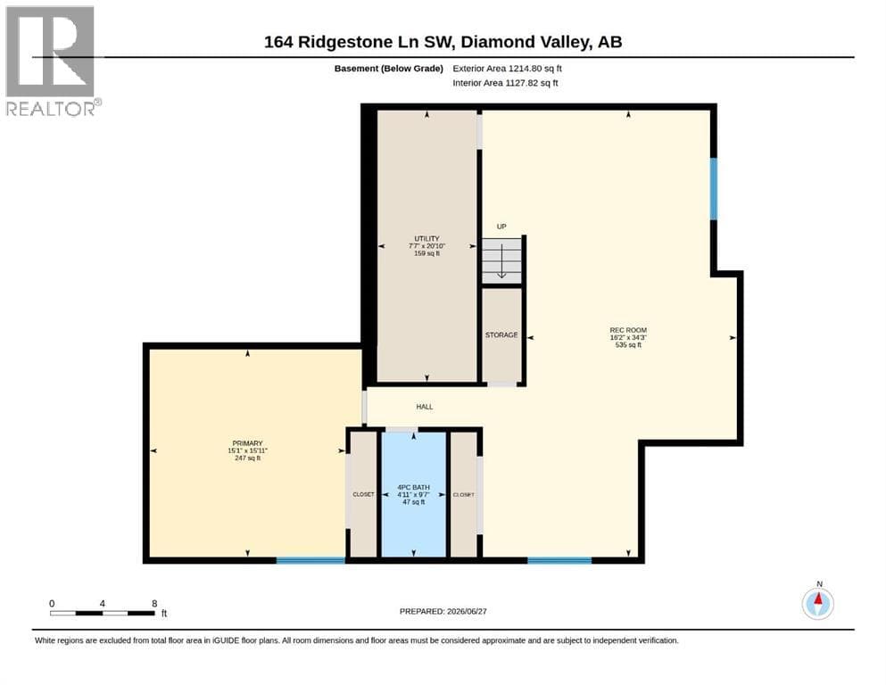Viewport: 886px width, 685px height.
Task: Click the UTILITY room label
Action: coord(426,239)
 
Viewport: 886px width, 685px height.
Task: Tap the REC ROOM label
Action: coord(628,330)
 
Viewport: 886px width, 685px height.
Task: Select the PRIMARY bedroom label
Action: coord(247,443)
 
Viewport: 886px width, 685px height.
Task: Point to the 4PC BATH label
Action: coord(414,487)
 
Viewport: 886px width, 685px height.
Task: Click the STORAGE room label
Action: coord(501,334)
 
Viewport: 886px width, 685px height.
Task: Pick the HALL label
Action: coord(425,407)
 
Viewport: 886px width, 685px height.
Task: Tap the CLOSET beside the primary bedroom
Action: coord(363,495)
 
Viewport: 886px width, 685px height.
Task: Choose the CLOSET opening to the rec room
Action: coord(463,495)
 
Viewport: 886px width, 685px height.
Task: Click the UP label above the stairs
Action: coord(501,227)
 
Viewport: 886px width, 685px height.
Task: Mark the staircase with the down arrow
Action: coord(501,261)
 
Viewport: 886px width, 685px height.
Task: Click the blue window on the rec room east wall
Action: coord(714,188)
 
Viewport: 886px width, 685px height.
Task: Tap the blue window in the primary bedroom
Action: coord(311,560)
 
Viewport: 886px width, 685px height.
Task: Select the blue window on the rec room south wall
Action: coord(559,560)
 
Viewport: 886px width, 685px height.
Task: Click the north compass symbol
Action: coord(817,603)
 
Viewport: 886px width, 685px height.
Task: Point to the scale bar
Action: coord(103,613)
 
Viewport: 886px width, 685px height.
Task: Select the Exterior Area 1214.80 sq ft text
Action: coord(507,69)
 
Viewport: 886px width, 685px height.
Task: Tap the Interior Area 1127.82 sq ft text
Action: coord(505,83)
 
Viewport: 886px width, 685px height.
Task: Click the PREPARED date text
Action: coord(443,611)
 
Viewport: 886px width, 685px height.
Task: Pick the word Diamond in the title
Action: coord(498,42)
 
